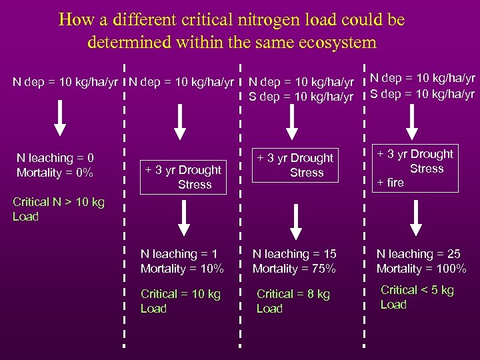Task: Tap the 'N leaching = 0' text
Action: coord(55,158)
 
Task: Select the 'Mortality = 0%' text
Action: coord(55,173)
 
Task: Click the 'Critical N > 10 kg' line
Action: coord(59,202)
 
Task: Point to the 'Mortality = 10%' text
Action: coord(182,269)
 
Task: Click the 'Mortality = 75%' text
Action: coord(294,269)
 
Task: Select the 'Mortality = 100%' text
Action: coord(421,269)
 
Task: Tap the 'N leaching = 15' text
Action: coord(294,254)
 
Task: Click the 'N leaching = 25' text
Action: coord(419,254)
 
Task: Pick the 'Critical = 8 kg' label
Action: coord(293,294)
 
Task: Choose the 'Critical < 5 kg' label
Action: coord(417,290)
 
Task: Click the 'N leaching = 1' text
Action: coord(179,254)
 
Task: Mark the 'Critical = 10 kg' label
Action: coord(181,294)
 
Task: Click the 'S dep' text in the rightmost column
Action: coord(385,93)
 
